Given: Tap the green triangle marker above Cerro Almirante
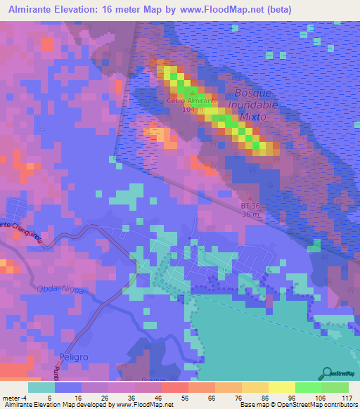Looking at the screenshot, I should (x=192, y=92).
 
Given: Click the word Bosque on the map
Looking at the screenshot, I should (x=250, y=93).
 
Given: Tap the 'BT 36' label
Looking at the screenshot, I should (x=251, y=206).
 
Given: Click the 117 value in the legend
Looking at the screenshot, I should (x=346, y=397).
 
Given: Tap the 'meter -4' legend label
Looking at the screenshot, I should (x=15, y=397).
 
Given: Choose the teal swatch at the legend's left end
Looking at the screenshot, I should (x=41, y=387).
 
